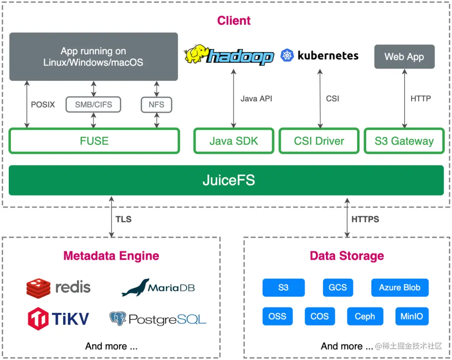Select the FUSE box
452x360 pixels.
(x=94, y=141)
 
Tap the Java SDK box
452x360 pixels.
(x=234, y=141)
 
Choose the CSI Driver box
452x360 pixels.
(x=319, y=141)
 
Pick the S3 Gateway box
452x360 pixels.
(x=404, y=141)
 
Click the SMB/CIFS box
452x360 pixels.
(x=93, y=105)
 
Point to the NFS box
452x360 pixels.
(x=157, y=105)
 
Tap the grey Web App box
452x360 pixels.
(x=404, y=56)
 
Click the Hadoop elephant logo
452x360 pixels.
(x=197, y=54)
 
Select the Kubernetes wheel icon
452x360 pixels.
(x=287, y=56)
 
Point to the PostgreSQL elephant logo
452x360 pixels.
(x=118, y=319)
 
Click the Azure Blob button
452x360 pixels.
(x=400, y=288)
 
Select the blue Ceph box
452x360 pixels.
(x=365, y=317)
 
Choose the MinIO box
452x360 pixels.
(x=411, y=317)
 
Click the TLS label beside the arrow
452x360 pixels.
(x=123, y=219)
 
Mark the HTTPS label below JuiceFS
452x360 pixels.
(x=365, y=219)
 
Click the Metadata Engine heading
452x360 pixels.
(x=111, y=256)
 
